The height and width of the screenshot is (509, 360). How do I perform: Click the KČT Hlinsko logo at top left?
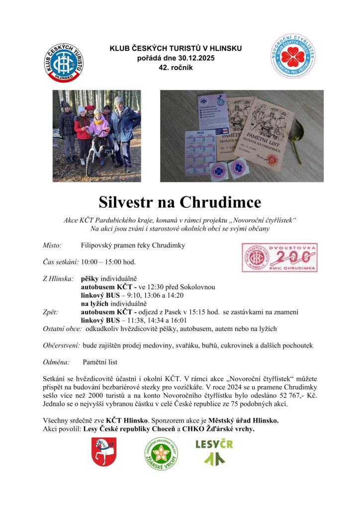pos(65,62)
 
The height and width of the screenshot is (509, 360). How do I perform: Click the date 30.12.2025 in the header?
pos(195,58)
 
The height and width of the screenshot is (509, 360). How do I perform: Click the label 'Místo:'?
pos(52,246)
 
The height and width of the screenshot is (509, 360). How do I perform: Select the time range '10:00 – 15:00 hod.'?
pos(108,262)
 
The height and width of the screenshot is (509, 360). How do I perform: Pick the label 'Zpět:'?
pos(50,312)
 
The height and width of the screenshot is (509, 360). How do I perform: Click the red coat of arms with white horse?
pos(104,451)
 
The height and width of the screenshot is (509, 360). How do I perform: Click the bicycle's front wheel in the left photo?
pos(90,157)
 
